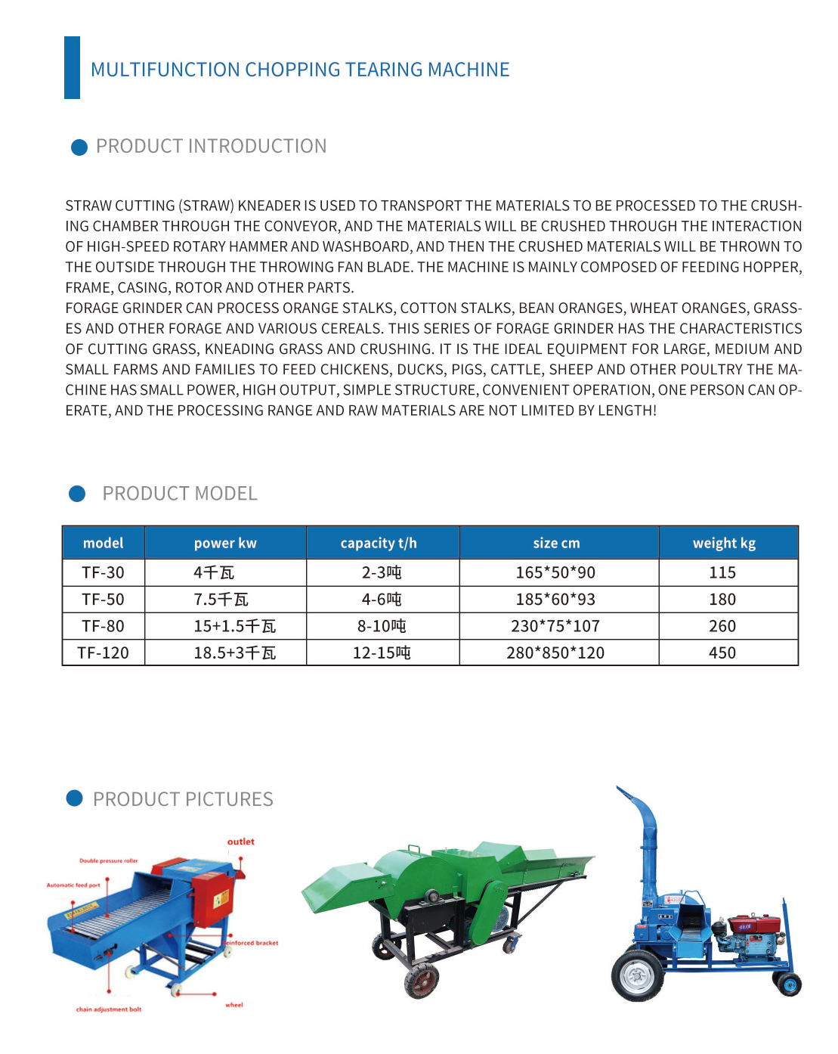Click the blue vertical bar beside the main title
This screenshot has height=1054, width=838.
point(72,67)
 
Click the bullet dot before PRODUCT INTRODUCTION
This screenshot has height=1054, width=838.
point(79,147)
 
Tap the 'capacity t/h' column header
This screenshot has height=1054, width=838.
point(379,543)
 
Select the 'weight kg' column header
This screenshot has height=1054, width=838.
point(724,543)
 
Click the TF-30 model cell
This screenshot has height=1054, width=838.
point(104,572)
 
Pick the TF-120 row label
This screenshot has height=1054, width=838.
point(104,653)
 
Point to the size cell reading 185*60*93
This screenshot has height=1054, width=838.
point(555,600)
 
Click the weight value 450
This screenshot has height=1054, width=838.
point(722,653)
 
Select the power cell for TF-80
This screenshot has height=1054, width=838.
point(235,626)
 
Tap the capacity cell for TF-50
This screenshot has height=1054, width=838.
point(382,600)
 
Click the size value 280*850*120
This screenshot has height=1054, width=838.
point(555,653)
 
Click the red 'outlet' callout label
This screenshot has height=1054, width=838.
point(241,842)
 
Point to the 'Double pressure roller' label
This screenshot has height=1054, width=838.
point(109,860)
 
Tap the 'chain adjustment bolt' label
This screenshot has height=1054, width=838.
point(109,1009)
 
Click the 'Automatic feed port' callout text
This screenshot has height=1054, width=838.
point(73,885)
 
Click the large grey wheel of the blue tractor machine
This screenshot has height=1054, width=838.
point(638,976)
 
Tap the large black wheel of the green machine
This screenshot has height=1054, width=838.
point(421,981)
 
